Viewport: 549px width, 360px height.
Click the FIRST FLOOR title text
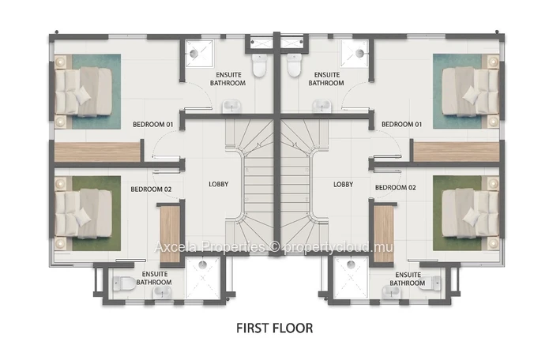tap(275, 328)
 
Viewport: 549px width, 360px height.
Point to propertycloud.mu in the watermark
tap(339, 247)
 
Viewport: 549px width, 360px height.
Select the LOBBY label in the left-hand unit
tap(219, 184)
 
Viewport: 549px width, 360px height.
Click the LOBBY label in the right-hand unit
tap(343, 184)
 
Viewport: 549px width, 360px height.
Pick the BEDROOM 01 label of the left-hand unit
tap(153, 124)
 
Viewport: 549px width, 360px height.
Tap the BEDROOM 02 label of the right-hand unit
tap(396, 188)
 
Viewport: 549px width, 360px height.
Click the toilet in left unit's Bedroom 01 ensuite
tap(259, 66)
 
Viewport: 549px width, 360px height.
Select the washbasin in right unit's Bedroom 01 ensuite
tap(322, 106)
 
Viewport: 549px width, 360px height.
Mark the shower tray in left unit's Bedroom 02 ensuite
tap(203, 278)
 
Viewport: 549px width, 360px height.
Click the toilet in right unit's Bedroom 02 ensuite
tap(435, 283)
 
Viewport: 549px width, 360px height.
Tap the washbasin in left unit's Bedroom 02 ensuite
tap(162, 292)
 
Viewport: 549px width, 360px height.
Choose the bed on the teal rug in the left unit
tap(83, 92)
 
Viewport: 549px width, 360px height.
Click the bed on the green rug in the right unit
tap(470, 212)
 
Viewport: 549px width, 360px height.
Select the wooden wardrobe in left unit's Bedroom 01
tap(97, 152)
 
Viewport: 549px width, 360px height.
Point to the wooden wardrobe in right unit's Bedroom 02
tap(384, 234)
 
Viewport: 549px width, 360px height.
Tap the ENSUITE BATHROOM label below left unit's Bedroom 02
tap(154, 278)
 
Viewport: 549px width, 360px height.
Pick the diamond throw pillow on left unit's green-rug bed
tap(83, 216)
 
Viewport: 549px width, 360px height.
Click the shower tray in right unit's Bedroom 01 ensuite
tap(354, 53)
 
